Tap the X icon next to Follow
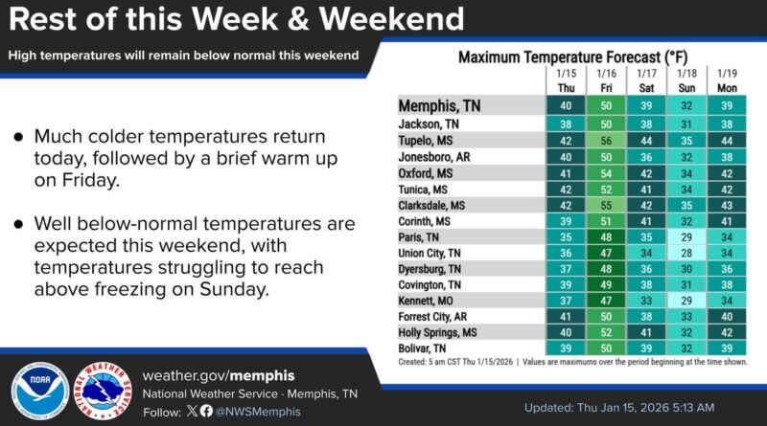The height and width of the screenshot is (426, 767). click(192, 411)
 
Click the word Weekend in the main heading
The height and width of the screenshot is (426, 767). click(381, 18)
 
